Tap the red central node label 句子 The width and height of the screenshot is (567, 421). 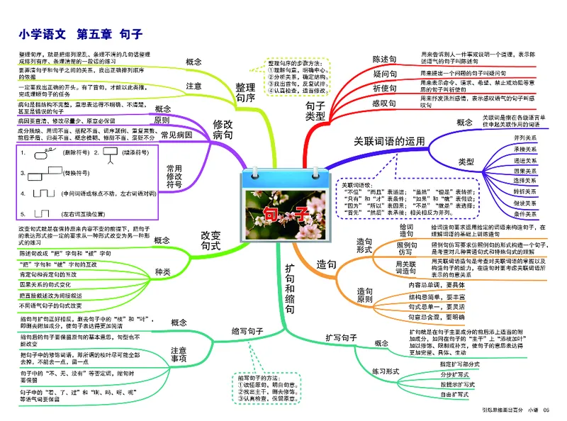[283, 213]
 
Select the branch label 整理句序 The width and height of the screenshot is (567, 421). [245, 92]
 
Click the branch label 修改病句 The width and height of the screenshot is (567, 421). [222, 128]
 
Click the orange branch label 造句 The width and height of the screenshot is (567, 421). [327, 264]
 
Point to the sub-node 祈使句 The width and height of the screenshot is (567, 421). [386, 88]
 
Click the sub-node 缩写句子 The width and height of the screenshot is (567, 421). [247, 331]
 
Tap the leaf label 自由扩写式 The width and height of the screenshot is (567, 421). [454, 393]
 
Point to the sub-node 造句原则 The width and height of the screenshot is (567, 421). [364, 296]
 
